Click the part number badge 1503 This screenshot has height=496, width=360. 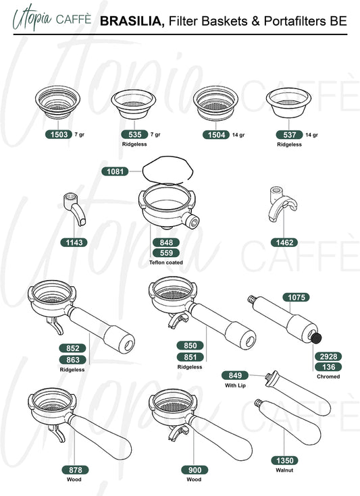coord(59,134)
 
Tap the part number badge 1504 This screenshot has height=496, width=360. coord(216,135)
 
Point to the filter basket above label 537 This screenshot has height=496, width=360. coord(288,103)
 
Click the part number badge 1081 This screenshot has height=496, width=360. coord(115,171)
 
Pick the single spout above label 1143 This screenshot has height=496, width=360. coord(75,209)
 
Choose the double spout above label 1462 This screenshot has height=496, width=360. coord(282,204)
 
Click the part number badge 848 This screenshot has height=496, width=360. coord(166,242)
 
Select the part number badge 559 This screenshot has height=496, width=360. coord(166,253)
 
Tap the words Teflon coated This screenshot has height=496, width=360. coord(166,263)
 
